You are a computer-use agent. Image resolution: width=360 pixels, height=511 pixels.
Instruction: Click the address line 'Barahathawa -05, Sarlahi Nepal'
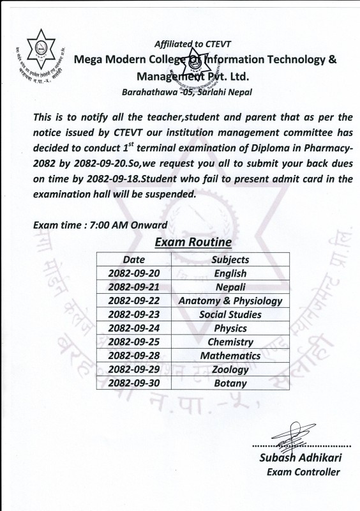pyautogui.click(x=186, y=92)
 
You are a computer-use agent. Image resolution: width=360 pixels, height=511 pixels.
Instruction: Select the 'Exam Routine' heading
pyautogui.click(x=193, y=243)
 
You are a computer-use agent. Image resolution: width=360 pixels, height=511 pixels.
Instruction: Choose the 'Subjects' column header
pyautogui.click(x=230, y=259)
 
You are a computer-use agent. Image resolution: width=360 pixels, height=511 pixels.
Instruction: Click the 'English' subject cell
pyautogui.click(x=230, y=273)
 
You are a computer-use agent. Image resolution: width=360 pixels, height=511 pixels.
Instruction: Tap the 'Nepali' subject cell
pyautogui.click(x=230, y=287)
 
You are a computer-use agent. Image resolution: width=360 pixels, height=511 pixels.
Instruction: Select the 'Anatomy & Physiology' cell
pyautogui.click(x=230, y=301)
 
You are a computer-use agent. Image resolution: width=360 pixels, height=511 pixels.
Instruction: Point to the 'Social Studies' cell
pyautogui.click(x=230, y=314)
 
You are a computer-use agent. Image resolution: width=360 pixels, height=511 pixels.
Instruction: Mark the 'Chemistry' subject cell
pyautogui.click(x=230, y=342)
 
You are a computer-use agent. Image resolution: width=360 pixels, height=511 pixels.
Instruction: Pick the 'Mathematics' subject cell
pyautogui.click(x=230, y=356)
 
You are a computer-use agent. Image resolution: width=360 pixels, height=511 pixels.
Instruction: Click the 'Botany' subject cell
pyautogui.click(x=230, y=383)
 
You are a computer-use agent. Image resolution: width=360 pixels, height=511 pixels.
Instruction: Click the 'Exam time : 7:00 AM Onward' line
pyautogui.click(x=100, y=225)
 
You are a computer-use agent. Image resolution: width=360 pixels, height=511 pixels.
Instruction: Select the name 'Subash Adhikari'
pyautogui.click(x=299, y=458)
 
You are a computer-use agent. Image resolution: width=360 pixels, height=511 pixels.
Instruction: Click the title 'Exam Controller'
pyautogui.click(x=303, y=472)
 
